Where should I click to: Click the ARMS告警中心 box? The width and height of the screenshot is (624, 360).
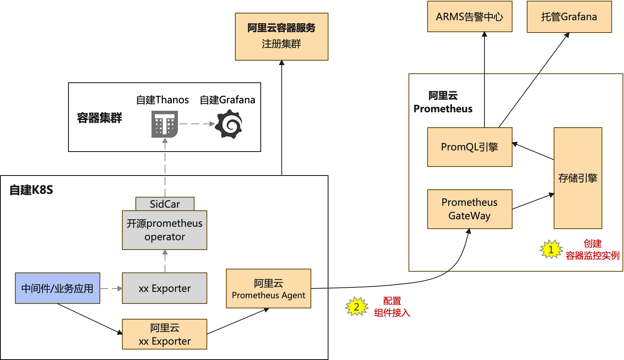click(x=469, y=16)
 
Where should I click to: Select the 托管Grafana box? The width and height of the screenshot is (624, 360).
click(x=569, y=17)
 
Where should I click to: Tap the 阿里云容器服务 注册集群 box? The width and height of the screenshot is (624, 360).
click(x=282, y=37)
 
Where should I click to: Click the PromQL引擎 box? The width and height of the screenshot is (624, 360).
click(x=469, y=147)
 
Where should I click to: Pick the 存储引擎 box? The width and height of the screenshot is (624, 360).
click(x=578, y=178)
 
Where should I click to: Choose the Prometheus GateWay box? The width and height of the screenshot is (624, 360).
click(x=469, y=209)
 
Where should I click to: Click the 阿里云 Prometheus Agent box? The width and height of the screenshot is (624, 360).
click(x=269, y=289)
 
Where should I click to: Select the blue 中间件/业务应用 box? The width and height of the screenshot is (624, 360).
click(x=58, y=288)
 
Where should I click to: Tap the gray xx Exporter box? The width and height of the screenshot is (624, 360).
click(x=165, y=288)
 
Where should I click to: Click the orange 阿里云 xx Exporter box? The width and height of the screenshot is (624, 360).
click(x=165, y=334)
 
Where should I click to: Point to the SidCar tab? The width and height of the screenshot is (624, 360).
click(x=165, y=204)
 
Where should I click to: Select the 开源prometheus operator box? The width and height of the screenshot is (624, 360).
click(x=165, y=230)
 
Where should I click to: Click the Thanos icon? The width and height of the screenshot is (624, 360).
click(x=165, y=124)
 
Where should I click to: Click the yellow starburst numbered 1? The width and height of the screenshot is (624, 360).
click(x=551, y=249)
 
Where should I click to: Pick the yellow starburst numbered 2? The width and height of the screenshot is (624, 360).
click(x=357, y=307)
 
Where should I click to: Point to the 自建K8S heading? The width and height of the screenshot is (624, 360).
click(x=31, y=190)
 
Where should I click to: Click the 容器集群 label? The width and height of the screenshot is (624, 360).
click(x=100, y=118)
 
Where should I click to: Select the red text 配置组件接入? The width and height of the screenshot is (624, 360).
click(x=392, y=307)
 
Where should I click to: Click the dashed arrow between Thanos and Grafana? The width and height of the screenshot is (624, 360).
click(x=197, y=124)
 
